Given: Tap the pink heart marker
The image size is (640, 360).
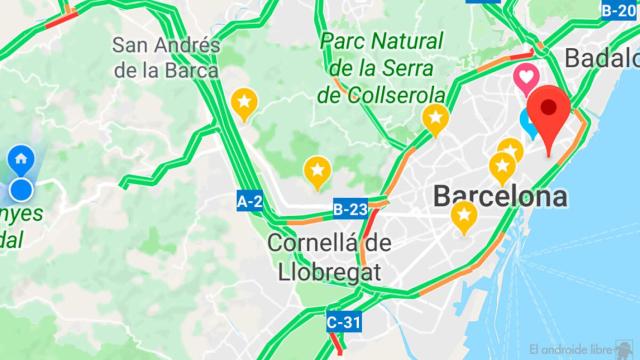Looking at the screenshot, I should pos(525,76).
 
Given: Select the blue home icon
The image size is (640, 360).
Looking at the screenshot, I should pos(21,158).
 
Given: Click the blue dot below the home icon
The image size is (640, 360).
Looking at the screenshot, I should pos(21,190).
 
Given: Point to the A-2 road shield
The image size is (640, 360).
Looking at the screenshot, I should pos(250,202).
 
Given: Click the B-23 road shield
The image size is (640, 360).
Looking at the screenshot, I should pos(350,209).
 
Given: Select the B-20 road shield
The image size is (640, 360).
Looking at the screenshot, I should pos(618,10).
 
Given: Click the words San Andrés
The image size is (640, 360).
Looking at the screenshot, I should pos(164,46).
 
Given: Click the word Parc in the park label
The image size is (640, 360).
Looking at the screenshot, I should pos(342,43).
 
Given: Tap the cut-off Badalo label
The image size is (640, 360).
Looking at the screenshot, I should pos(602,57).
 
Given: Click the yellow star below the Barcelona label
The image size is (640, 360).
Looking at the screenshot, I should pos(463,215).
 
